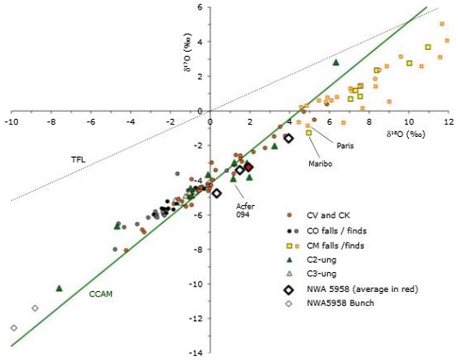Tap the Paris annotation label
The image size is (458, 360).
click(347, 146)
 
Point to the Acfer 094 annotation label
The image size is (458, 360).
click(247, 211)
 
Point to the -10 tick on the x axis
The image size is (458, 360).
click(11, 123)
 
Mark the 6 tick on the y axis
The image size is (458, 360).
click(200, 7)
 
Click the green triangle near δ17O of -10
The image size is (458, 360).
click(59, 288)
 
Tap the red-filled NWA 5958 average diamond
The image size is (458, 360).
click(248, 167)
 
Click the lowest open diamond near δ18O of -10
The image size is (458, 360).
click(14, 327)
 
